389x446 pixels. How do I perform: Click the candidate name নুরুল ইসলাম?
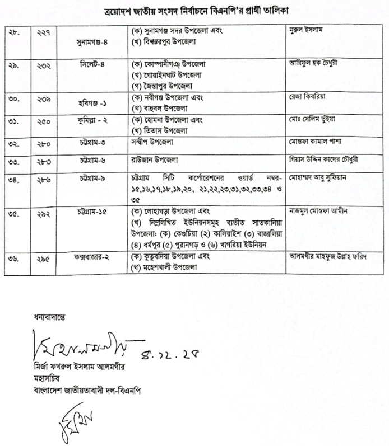[306, 28]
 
